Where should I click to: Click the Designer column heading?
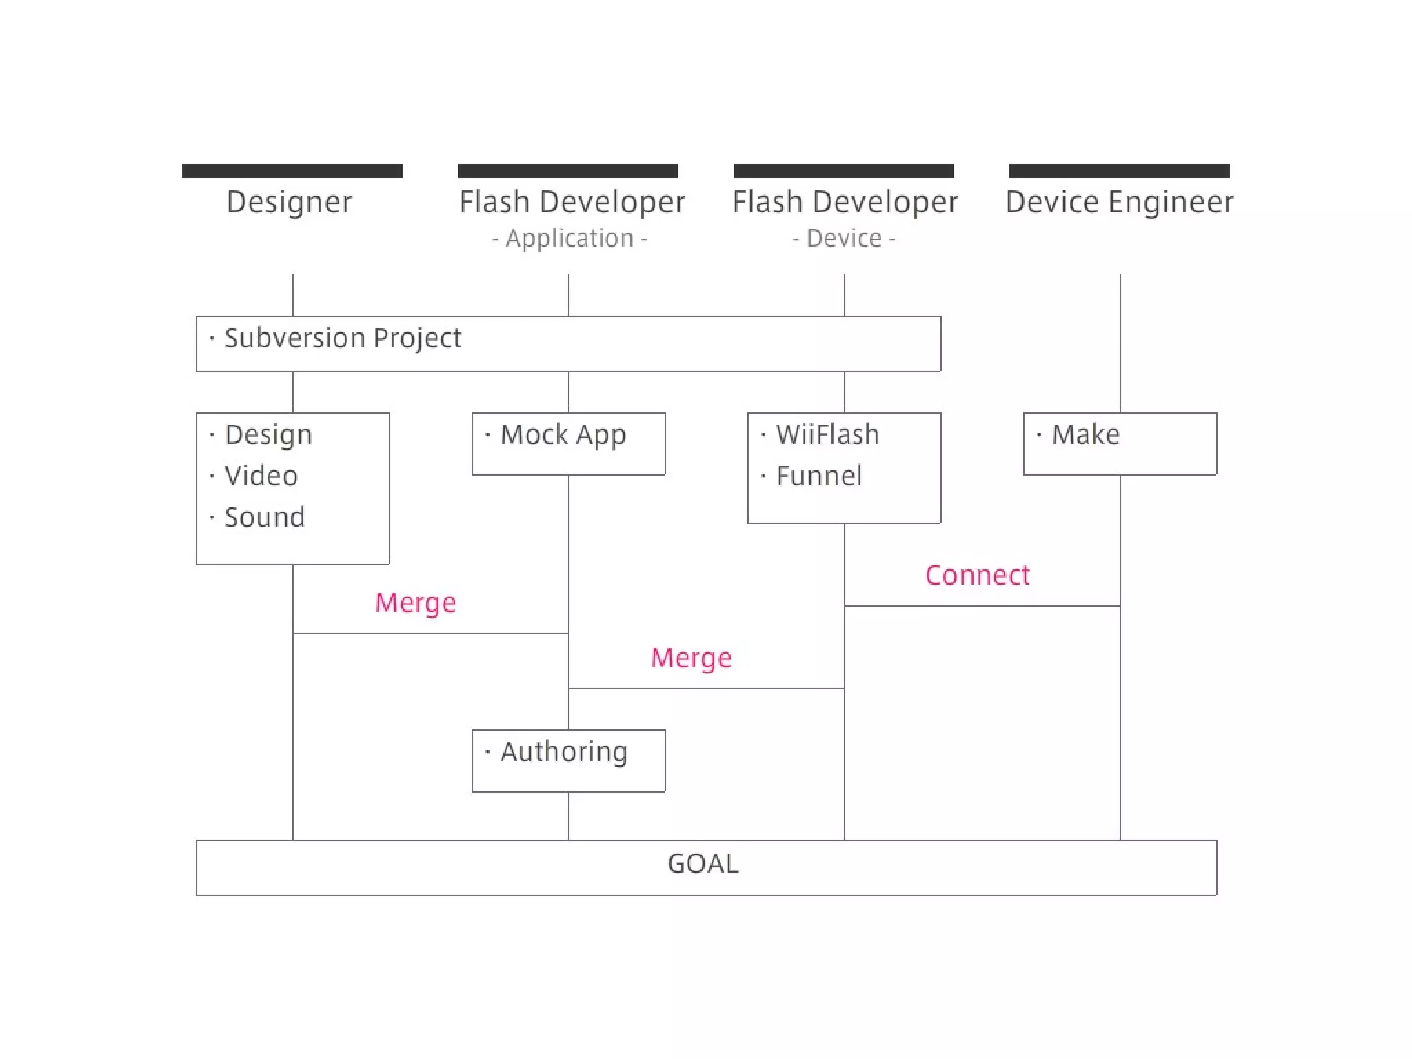(289, 202)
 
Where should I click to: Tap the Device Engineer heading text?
(1119, 202)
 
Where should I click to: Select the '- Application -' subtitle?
(569, 239)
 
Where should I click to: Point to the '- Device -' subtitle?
(843, 239)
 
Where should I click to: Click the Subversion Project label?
(342, 339)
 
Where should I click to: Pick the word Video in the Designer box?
(261, 476)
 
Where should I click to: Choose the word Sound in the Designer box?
(264, 517)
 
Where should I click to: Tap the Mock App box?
(568, 443)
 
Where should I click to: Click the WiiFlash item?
(827, 435)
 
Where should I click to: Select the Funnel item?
(818, 476)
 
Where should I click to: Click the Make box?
(1120, 443)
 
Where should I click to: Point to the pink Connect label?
(977, 575)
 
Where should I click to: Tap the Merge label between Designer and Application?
(415, 603)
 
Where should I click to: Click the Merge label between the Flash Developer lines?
(691, 658)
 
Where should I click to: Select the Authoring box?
(568, 760)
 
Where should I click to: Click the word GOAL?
(703, 864)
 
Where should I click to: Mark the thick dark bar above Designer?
(292, 171)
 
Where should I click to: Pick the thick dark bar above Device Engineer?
(1119, 171)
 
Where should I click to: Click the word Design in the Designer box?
(268, 435)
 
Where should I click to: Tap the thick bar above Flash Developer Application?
(567, 171)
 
